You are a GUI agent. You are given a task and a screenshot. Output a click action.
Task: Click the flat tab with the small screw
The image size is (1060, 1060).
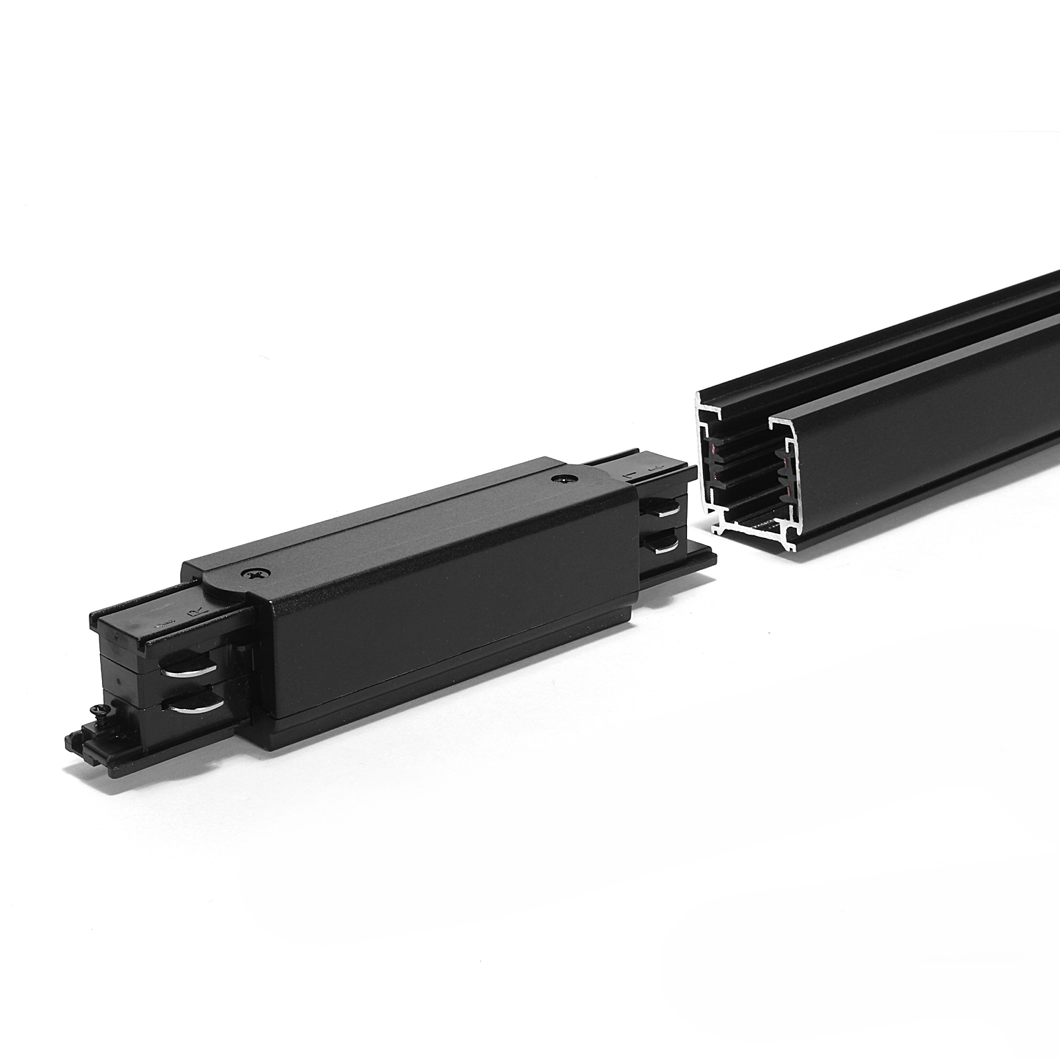coord(93,739)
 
